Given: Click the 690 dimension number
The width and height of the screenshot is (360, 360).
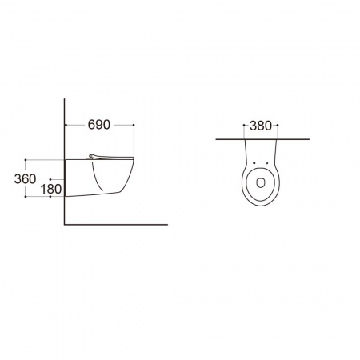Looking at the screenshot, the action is (99, 125).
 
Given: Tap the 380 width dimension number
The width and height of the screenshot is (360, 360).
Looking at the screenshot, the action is (261, 126).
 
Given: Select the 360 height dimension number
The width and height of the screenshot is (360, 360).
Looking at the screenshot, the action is (25, 179).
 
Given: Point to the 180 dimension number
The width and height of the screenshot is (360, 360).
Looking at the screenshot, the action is (51, 189).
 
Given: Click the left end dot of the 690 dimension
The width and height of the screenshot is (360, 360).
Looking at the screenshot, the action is (66, 125).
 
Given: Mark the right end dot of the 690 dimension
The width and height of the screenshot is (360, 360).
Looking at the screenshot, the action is (134, 125).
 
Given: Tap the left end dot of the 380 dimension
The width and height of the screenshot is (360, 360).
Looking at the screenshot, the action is (244, 125).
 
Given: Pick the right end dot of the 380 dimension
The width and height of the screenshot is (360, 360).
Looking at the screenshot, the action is (278, 125).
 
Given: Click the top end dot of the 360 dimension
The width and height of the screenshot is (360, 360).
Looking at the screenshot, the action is (26, 160).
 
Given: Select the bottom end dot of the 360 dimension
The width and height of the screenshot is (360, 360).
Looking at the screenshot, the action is (26, 197).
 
